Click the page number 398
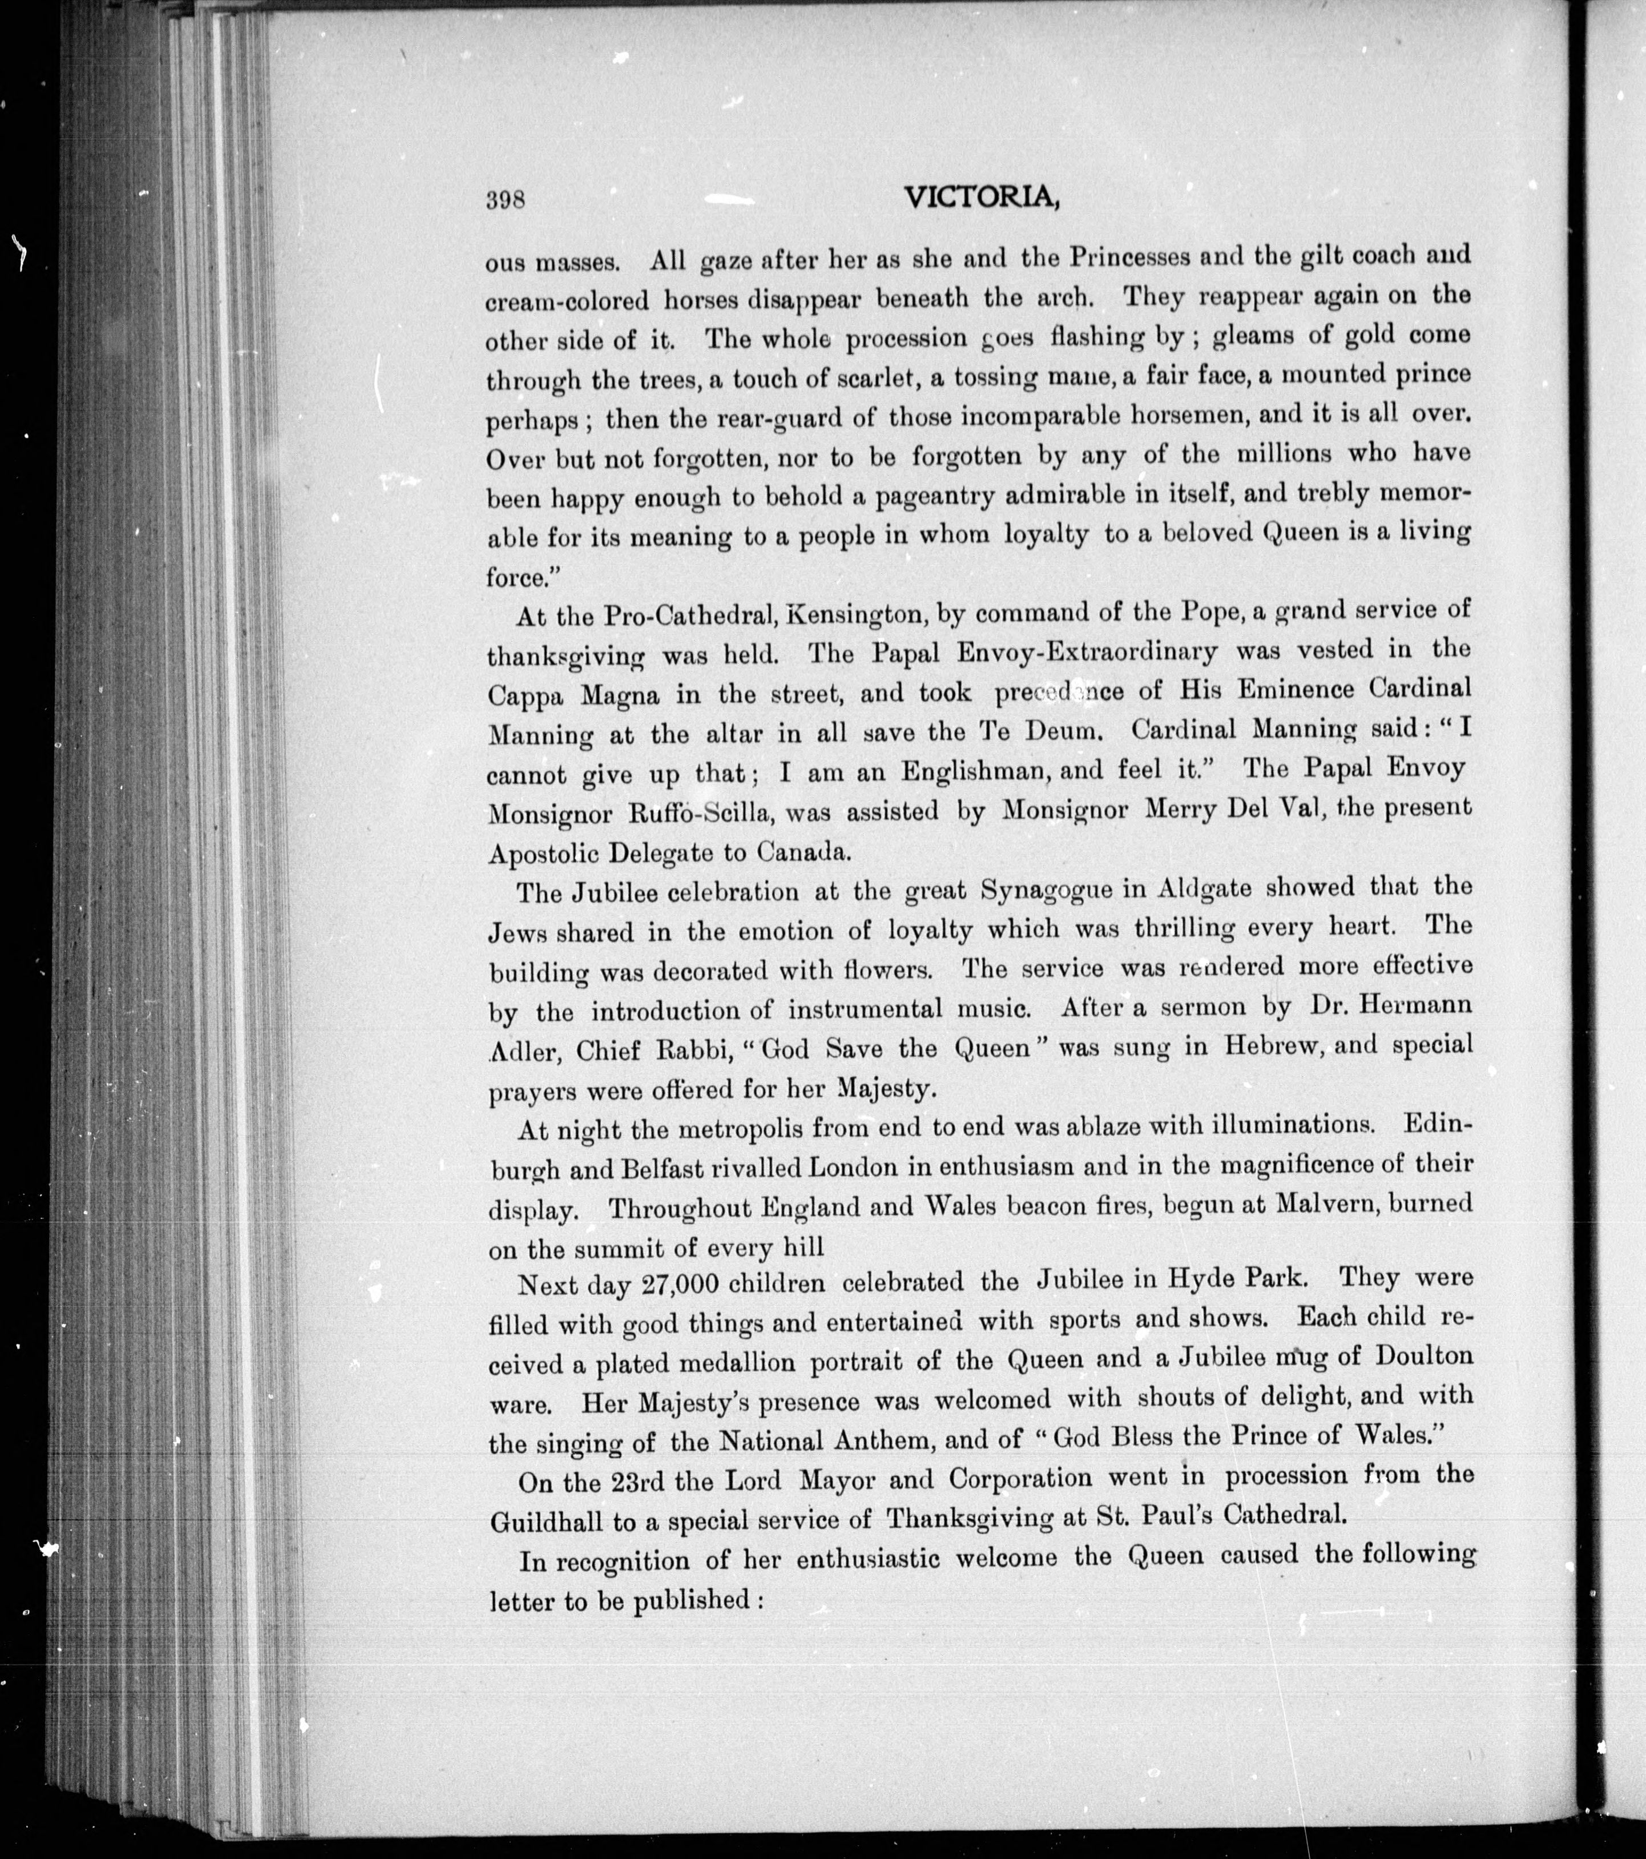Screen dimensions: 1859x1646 [507, 199]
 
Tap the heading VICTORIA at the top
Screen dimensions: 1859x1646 [982, 198]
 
